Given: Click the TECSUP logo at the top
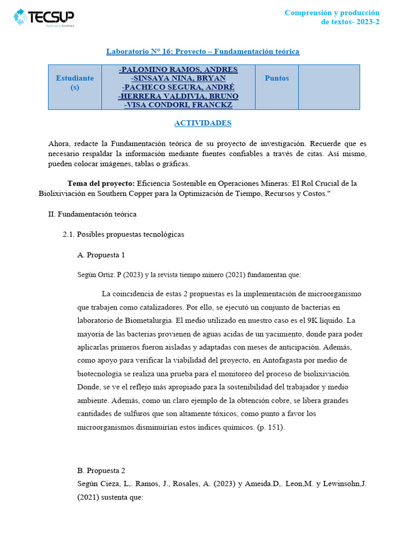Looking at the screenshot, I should pos(44,17).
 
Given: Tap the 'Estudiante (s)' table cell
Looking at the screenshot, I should pos(75,83).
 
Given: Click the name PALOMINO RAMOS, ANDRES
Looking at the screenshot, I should pos(178,70).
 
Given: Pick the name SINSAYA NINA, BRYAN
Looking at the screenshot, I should pos(178,78).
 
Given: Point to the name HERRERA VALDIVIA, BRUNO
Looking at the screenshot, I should pos(178,96).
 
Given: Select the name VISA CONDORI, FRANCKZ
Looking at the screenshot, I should pos(178,105).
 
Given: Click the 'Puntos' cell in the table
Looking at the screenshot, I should pos(276,78).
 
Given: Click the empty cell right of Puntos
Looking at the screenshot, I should pos(329,87).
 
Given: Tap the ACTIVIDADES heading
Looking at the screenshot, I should pos(203,123).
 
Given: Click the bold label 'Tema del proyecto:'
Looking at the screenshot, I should pos(101,183).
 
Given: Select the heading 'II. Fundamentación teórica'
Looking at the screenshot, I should pos(92,214).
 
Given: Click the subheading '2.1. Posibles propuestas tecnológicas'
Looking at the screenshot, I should pos(123,234).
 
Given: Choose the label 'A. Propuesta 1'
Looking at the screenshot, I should pos(101,255).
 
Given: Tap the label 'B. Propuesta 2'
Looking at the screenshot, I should pos(101,470).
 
